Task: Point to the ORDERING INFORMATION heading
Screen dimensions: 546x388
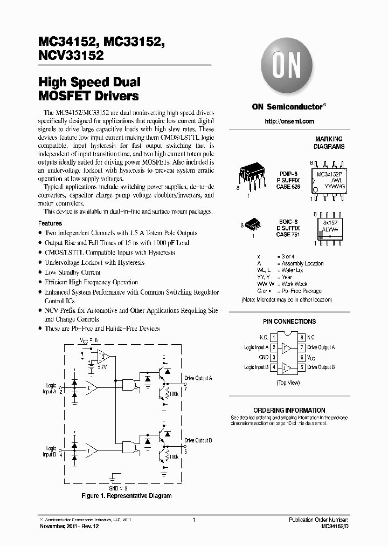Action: click(x=289, y=410)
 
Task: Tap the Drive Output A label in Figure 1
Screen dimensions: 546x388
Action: click(x=198, y=378)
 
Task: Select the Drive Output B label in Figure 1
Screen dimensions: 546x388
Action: click(x=198, y=441)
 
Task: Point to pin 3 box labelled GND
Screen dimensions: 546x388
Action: click(x=274, y=357)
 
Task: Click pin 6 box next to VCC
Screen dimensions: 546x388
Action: click(x=302, y=357)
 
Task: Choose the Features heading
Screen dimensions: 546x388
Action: click(x=50, y=223)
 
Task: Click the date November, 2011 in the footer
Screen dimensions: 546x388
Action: click(x=59, y=526)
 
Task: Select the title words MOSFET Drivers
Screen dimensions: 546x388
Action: click(x=88, y=97)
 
